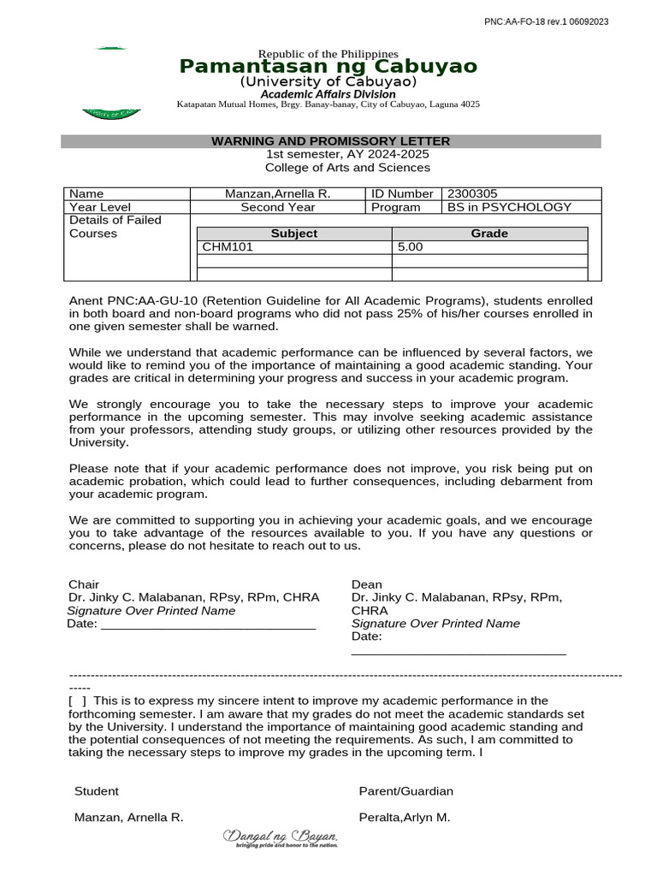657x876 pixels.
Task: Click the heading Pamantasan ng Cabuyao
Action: pyautogui.click(x=328, y=67)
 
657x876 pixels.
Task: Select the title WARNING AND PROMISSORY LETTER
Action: pyautogui.click(x=330, y=141)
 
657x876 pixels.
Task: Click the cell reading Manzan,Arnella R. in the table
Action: pyautogui.click(x=277, y=194)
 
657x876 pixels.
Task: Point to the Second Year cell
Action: pyautogui.click(x=277, y=207)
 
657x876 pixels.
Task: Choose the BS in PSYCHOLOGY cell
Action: pyautogui.click(x=509, y=207)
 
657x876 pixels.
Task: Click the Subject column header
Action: pyautogui.click(x=293, y=234)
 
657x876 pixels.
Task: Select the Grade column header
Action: pyautogui.click(x=489, y=234)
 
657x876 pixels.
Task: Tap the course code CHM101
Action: pyautogui.click(x=228, y=247)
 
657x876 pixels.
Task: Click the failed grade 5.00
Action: pyautogui.click(x=410, y=247)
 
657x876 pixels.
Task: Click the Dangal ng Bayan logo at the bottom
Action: pyautogui.click(x=281, y=838)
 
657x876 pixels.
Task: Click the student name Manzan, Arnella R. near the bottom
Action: pyautogui.click(x=128, y=817)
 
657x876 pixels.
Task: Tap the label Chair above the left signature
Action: pyautogui.click(x=84, y=584)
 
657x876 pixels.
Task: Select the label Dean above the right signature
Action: pyautogui.click(x=366, y=584)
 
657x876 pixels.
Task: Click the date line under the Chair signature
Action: pyautogui.click(x=208, y=624)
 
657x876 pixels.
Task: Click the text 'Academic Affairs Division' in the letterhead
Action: pyautogui.click(x=328, y=94)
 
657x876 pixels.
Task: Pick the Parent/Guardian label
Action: pyautogui.click(x=405, y=791)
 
